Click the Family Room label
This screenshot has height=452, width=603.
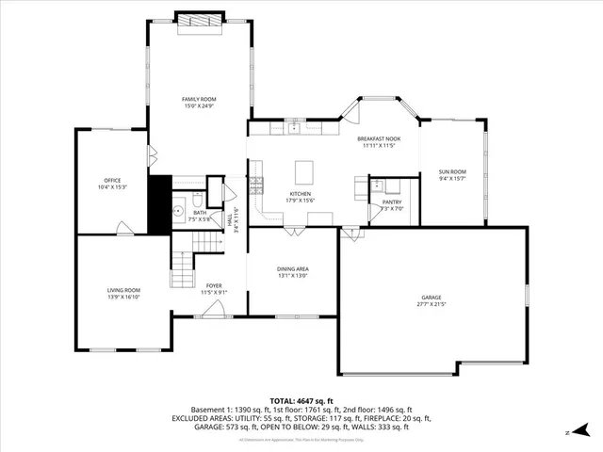[x=199, y=99]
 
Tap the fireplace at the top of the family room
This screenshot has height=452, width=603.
[x=200, y=21]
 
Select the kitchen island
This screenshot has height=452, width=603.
[x=302, y=173]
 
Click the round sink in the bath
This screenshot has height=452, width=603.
[x=176, y=212]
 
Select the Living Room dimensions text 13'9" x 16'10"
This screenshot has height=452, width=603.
[x=122, y=297]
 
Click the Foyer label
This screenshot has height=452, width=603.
[x=214, y=284]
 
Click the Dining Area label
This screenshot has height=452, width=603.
[x=293, y=268]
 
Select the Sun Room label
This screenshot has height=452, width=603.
[x=451, y=171]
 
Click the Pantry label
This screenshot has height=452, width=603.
[x=392, y=202]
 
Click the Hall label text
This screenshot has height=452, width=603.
[x=229, y=218]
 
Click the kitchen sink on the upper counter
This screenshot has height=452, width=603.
[x=294, y=130]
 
